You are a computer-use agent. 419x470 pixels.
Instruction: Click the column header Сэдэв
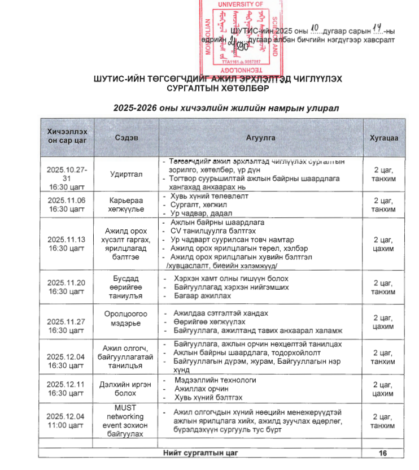pyautogui.click(x=127, y=137)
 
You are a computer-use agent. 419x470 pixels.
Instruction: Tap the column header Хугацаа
pyautogui.click(x=383, y=137)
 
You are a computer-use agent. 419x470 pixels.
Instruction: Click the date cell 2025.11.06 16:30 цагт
pyautogui.click(x=67, y=204)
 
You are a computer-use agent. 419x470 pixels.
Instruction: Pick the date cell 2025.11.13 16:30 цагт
pyautogui.click(x=67, y=244)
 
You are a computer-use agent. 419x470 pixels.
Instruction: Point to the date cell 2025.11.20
pyautogui.click(x=67, y=283)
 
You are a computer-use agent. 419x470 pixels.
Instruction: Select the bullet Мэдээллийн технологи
pyautogui.click(x=215, y=380)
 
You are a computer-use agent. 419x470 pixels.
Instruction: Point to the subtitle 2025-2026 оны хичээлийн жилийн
pyautogui.click(x=225, y=108)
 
